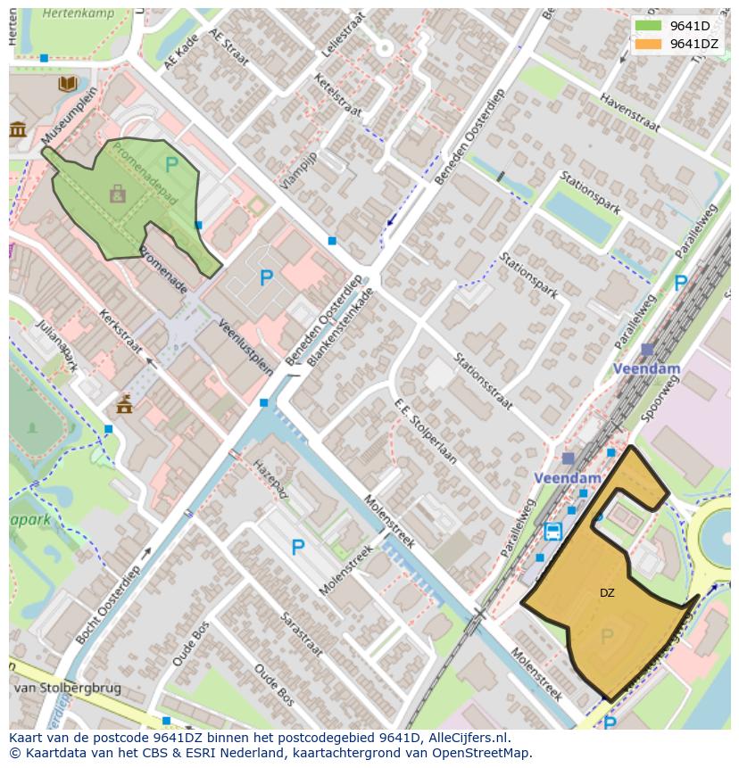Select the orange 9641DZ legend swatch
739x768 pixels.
pyautogui.click(x=649, y=44)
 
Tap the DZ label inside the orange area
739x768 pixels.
pyautogui.click(x=607, y=592)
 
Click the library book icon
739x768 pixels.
pyautogui.click(x=68, y=84)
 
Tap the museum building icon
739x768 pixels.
pyautogui.click(x=17, y=130)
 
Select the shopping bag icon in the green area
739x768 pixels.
pyautogui.click(x=117, y=193)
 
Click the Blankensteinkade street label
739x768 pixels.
pyautogui.click(x=340, y=328)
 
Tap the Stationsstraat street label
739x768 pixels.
pyautogui.click(x=483, y=383)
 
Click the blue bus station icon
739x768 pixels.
pyautogui.click(x=553, y=532)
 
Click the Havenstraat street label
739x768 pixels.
pyautogui.click(x=629, y=114)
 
